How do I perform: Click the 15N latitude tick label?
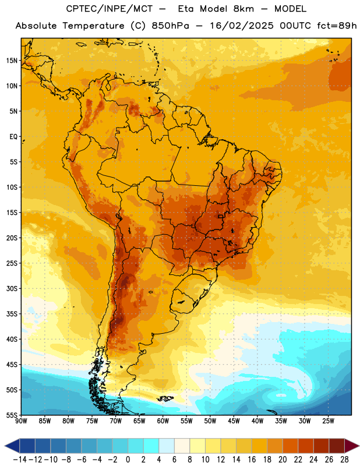point(12,61)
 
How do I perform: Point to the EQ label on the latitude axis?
point(13,137)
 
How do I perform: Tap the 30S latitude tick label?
point(12,288)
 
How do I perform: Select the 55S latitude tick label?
point(12,415)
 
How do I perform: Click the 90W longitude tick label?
point(21,421)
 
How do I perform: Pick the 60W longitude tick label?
point(163,421)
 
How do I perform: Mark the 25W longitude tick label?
point(328,421)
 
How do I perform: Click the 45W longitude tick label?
point(234,421)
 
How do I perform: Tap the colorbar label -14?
point(20,460)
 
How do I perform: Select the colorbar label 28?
point(344,460)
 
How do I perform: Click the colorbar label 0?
point(128,460)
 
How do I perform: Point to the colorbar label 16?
point(252,460)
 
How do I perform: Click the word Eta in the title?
point(186,9)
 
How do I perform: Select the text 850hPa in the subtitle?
point(170,26)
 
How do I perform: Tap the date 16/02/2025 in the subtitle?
point(242,26)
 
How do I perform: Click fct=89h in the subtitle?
point(337,26)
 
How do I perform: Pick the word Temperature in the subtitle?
point(93,26)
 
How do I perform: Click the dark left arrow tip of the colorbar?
point(5,446)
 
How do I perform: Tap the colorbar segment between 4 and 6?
point(167,446)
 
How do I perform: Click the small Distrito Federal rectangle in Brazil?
point(220,217)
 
